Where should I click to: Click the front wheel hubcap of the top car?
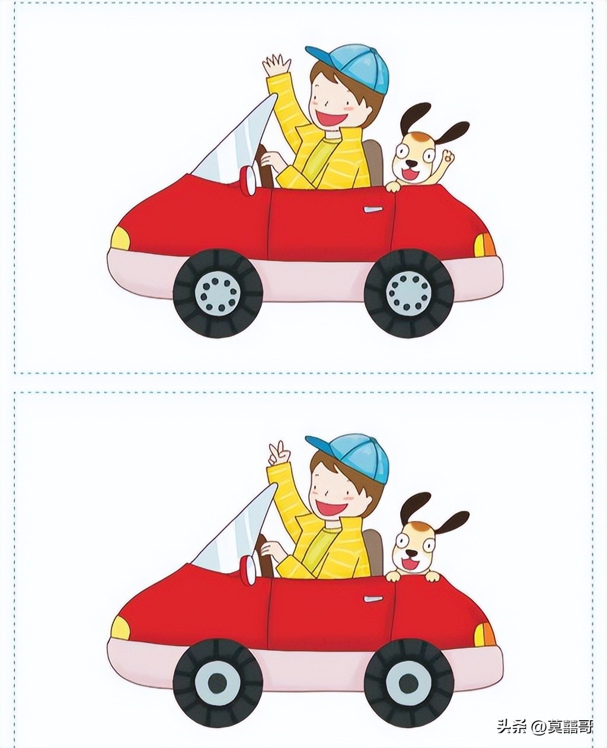click(x=218, y=295)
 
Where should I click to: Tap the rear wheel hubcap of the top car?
click(x=409, y=293)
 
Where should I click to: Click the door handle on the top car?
click(x=373, y=210)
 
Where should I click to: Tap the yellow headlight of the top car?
click(x=121, y=238)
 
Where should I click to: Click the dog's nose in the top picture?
click(x=412, y=164)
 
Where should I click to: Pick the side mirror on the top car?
click(x=250, y=180)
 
